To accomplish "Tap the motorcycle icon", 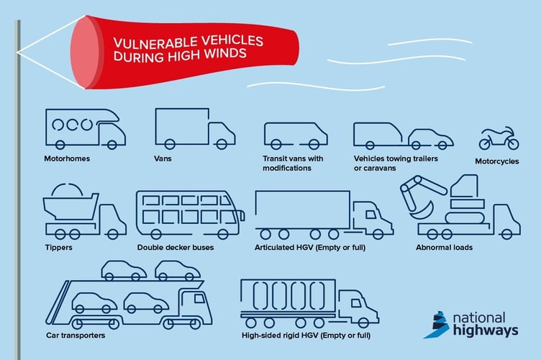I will tap(498, 138).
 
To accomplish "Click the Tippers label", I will tap(59, 248).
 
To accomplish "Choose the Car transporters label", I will tap(76, 336).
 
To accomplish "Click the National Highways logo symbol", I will tap(436, 325).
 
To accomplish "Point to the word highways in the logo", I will tap(485, 330).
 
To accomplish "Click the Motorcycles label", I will tap(496, 161).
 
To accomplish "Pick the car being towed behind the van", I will tap(430, 138).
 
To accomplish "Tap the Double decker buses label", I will tap(176, 248).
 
